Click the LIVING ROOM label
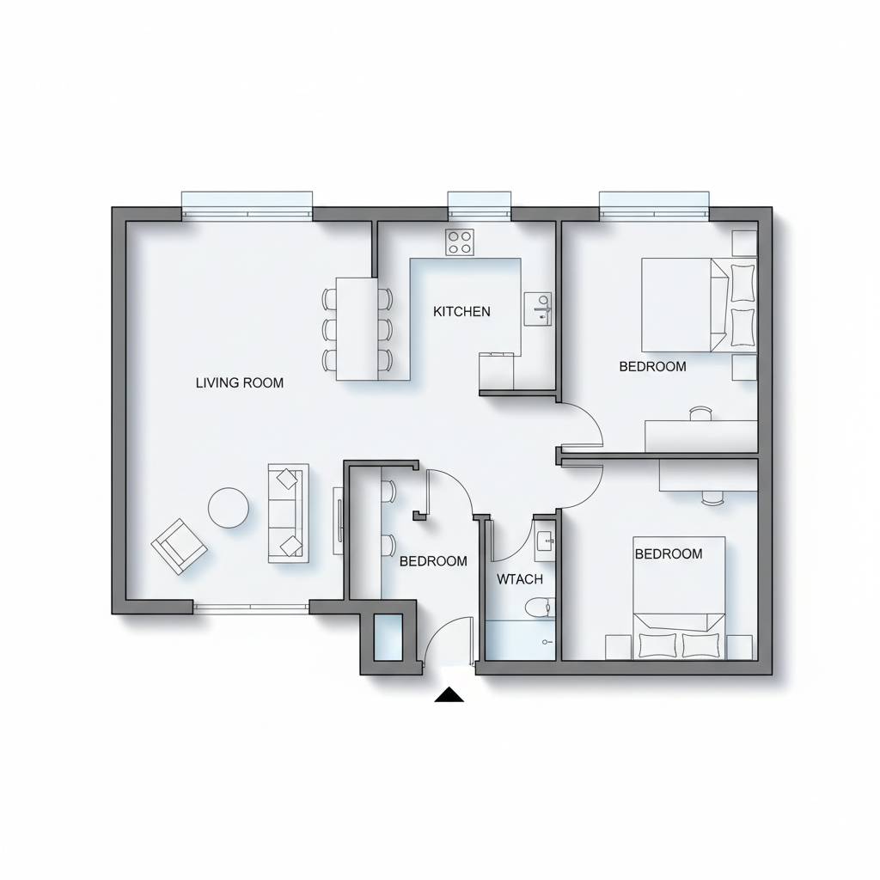tap(240, 383)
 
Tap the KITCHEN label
tap(461, 311)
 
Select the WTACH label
tap(520, 579)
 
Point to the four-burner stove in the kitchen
tap(460, 242)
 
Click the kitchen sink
tap(538, 309)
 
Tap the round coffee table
tap(229, 507)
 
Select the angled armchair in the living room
tap(179, 546)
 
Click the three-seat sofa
tap(289, 513)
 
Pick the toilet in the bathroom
tap(540, 608)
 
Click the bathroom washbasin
tap(544, 541)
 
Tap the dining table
tap(357, 329)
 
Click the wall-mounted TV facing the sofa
tap(339, 521)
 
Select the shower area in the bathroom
tap(520, 640)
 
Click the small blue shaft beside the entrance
tap(388, 637)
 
